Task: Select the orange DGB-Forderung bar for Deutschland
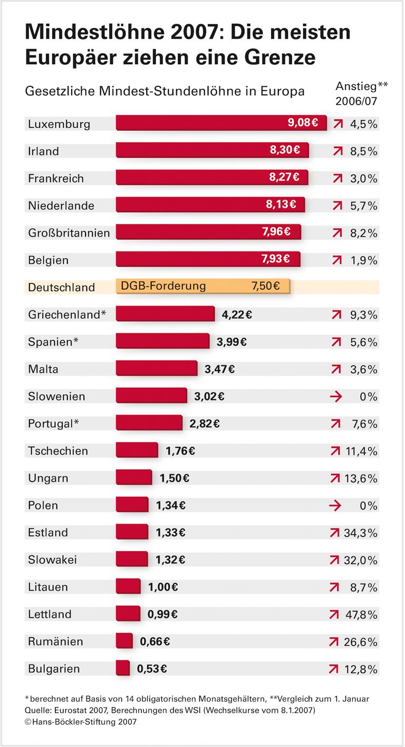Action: [x=203, y=287]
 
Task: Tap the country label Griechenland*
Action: [x=67, y=314]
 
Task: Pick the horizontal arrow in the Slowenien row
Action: [x=335, y=397]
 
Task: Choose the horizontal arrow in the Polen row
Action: [x=335, y=505]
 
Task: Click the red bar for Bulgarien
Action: [x=122, y=668]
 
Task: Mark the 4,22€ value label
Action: [x=237, y=314]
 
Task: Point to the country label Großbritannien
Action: [x=69, y=233]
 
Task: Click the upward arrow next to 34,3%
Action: [x=334, y=533]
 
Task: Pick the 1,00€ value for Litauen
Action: [x=163, y=587]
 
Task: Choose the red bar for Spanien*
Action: [x=162, y=341]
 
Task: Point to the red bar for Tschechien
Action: [x=137, y=450]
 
